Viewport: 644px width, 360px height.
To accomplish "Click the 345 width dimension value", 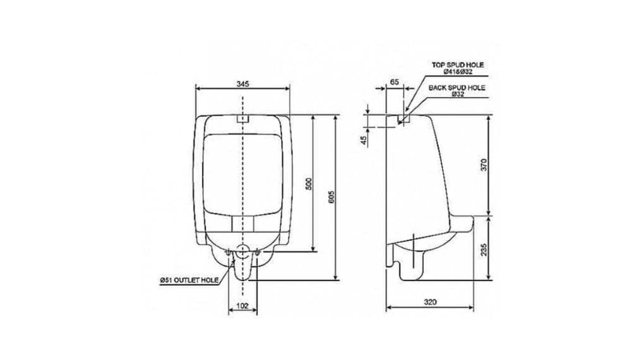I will click(243, 83).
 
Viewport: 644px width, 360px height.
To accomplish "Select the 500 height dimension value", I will click(309, 184).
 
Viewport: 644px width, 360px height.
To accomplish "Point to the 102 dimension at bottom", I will click(242, 305).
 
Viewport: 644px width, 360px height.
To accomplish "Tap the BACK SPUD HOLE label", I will click(456, 88).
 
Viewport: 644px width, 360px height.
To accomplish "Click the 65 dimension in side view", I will click(395, 82).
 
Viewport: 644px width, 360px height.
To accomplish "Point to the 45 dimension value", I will click(364, 140).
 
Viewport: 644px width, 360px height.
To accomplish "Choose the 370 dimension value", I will click(484, 166).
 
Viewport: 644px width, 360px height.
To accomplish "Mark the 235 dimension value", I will click(484, 248).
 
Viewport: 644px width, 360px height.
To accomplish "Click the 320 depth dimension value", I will click(430, 301).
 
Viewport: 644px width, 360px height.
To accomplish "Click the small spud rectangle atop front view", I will click(243, 119).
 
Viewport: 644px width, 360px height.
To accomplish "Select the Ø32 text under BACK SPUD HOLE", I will click(456, 95).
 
